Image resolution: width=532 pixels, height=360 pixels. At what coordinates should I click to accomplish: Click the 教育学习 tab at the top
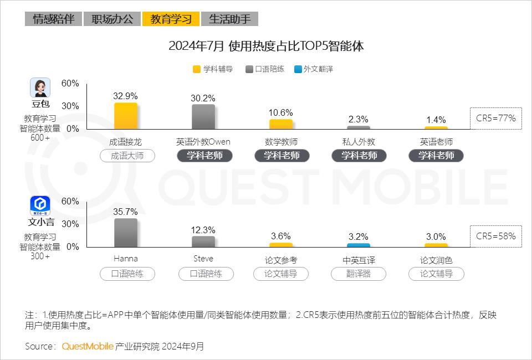[171, 19]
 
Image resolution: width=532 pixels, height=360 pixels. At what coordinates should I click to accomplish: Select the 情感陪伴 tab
[53, 19]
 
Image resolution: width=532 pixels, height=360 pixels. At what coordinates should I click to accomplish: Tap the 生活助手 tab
[229, 19]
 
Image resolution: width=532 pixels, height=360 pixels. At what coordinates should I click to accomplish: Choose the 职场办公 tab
[112, 19]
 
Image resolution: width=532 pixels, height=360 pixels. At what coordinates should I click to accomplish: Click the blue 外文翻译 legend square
[298, 70]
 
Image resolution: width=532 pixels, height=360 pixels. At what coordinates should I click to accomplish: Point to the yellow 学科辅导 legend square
[197, 70]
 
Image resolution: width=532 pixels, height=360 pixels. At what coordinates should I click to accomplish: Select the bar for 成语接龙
[125, 116]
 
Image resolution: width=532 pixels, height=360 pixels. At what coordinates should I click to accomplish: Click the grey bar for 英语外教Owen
[203, 117]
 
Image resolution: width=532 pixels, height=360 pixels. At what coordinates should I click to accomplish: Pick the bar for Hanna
[125, 233]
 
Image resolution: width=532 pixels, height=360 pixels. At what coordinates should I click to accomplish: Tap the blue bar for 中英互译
[358, 245]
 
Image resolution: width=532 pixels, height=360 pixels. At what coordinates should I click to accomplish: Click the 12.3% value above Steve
[203, 230]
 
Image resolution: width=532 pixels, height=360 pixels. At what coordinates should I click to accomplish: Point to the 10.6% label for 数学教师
[280, 112]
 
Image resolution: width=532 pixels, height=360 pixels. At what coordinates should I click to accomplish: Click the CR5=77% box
[495, 118]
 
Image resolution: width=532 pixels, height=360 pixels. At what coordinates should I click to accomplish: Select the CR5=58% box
[495, 236]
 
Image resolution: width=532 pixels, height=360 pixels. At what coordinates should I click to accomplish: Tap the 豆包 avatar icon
[40, 88]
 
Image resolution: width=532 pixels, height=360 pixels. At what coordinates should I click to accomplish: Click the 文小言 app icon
[40, 205]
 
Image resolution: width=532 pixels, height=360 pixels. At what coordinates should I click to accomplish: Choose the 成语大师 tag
[127, 156]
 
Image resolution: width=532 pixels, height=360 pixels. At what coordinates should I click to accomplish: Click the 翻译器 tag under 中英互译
[358, 274]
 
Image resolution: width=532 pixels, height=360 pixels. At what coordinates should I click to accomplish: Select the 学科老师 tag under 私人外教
[359, 156]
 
